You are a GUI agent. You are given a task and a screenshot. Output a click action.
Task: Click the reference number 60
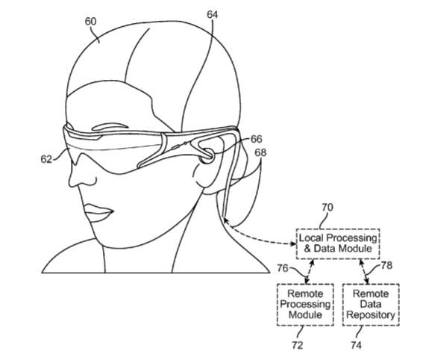point(91,22)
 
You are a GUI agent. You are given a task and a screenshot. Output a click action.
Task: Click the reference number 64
point(213,15)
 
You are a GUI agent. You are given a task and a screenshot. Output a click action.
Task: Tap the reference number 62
point(46,159)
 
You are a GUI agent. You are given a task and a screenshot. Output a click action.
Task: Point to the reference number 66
point(257,139)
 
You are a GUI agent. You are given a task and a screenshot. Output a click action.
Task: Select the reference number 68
point(260,153)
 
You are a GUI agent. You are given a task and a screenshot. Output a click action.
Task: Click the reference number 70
point(328,208)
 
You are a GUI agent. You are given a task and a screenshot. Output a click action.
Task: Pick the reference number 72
point(297,345)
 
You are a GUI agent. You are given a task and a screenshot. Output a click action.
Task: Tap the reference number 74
point(356,345)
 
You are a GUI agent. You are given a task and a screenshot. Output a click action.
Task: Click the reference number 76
point(283,268)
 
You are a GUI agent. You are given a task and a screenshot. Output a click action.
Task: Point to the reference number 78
point(386,265)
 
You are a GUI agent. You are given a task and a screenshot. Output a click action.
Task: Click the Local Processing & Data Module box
point(338,244)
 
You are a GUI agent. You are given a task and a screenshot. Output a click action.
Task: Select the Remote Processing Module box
point(305,305)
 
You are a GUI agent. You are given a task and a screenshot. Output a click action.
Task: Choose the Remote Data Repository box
point(371,305)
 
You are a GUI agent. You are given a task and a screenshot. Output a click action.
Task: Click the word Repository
point(371,315)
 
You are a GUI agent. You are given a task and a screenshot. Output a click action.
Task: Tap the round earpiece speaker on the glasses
point(207,156)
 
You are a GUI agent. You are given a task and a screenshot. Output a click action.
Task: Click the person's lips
point(98,213)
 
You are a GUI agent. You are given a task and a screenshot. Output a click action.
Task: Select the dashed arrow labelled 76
point(310,272)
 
